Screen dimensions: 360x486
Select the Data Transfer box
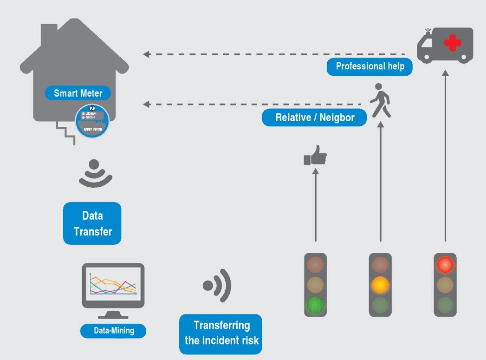point(92,223)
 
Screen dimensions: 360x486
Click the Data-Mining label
point(113,331)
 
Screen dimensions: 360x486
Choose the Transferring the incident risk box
point(220,334)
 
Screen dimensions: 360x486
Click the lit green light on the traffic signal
point(315,305)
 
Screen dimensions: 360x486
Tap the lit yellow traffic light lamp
point(380,284)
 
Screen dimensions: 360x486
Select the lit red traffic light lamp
point(445,264)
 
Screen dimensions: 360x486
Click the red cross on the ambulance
point(453,43)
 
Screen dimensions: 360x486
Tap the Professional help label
point(369,66)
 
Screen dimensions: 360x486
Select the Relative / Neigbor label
point(314,118)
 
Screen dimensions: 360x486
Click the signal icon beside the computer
point(217,285)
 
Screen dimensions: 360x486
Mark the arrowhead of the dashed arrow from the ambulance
point(146,54)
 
